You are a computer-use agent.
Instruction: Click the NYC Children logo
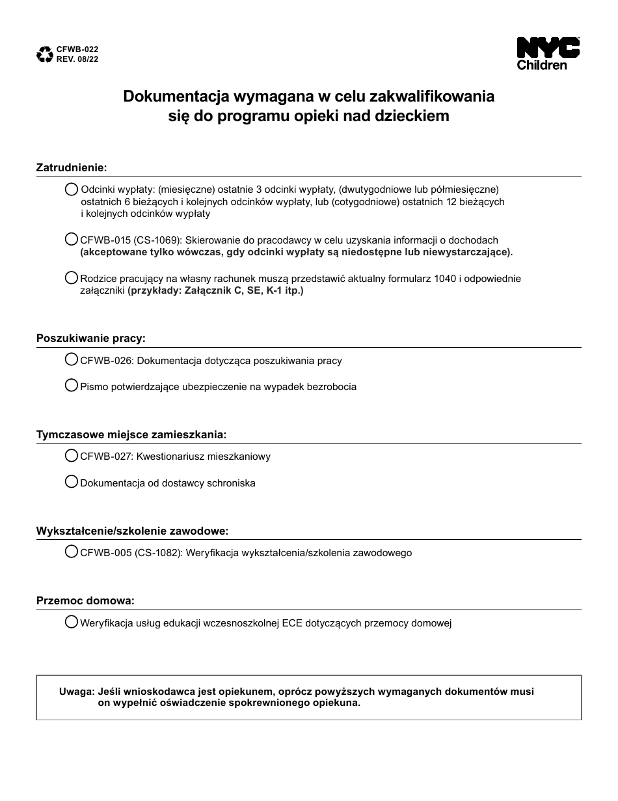(x=548, y=53)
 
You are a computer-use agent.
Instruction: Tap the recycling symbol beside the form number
(x=45, y=54)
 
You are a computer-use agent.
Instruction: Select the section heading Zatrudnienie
(x=71, y=167)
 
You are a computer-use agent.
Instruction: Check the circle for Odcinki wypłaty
(x=72, y=189)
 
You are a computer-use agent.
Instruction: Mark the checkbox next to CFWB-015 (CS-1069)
(x=72, y=239)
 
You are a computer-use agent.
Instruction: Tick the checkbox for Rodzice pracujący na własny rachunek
(x=72, y=277)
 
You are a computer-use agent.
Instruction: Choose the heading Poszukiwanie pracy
(x=90, y=339)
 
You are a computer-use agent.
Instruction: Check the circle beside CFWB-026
(x=72, y=359)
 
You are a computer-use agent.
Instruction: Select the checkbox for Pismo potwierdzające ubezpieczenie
(x=72, y=386)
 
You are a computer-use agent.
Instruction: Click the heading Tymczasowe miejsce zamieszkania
(x=131, y=434)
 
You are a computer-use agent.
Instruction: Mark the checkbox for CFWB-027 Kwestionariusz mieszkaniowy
(x=72, y=455)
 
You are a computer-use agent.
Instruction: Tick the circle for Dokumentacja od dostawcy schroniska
(x=72, y=482)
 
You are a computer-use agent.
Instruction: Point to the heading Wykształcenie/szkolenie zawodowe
(x=132, y=531)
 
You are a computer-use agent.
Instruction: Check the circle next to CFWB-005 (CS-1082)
(x=72, y=552)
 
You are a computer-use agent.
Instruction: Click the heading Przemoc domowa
(x=85, y=600)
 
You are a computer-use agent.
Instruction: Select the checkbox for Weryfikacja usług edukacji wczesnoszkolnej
(x=72, y=622)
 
